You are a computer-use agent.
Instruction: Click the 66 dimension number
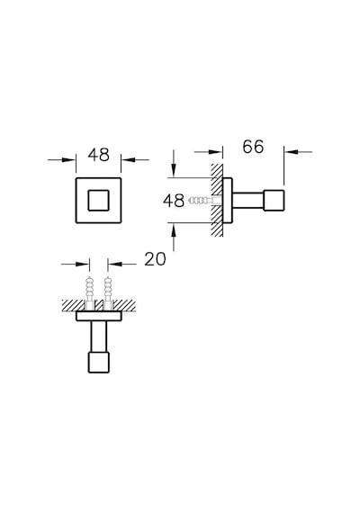[253, 147]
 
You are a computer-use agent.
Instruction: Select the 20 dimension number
[155, 259]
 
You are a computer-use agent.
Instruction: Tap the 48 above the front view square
[98, 155]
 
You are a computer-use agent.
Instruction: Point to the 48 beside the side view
[174, 201]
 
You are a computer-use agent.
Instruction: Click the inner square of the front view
[98, 200]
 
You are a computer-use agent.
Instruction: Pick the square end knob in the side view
[274, 200]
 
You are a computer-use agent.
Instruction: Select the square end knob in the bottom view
[98, 363]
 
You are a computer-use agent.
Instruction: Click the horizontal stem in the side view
[247, 200]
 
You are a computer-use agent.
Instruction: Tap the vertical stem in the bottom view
[98, 337]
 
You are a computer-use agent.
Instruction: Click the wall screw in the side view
[201, 200]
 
